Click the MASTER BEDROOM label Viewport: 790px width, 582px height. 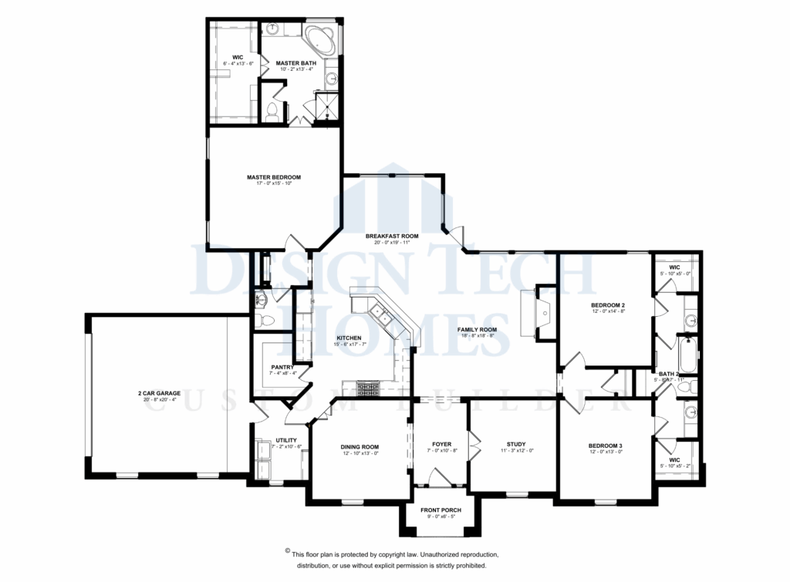pos(273,177)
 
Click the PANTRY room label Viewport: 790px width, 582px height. pos(279,367)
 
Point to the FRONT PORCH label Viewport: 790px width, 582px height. pos(441,510)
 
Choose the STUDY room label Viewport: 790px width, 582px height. pos(515,444)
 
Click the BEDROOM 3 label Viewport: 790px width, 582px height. pos(605,446)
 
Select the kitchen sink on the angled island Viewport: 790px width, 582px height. pos(380,312)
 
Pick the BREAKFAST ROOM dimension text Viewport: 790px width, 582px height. pos(392,242)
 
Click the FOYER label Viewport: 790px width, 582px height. pos(441,444)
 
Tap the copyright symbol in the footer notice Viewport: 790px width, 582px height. pos(287,552)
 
